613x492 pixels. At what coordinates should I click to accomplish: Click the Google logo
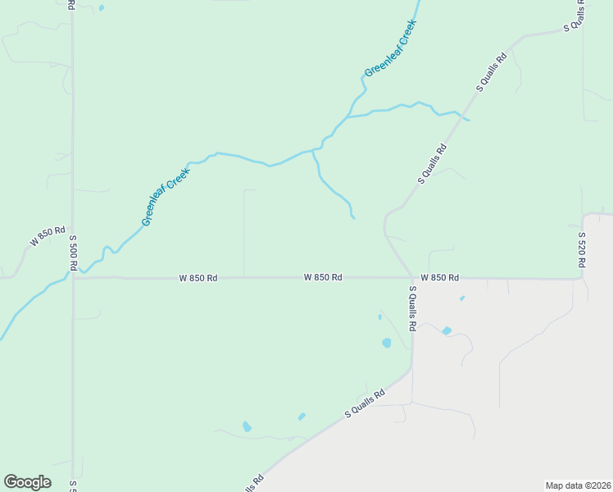pos(27,482)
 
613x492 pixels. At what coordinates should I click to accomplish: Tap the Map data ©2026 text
pos(578,485)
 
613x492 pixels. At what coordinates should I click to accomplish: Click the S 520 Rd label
pos(581,249)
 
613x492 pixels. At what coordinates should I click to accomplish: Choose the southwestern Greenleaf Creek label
pos(165,198)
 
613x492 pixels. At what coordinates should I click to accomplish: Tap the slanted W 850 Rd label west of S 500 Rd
pos(48,237)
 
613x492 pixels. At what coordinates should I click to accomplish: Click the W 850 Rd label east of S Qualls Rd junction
pos(440,278)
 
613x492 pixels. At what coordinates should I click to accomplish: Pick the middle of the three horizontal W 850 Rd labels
pos(322,278)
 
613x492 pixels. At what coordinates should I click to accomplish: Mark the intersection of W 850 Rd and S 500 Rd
pos(73,278)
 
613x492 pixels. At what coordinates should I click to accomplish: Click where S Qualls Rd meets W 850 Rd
pos(412,278)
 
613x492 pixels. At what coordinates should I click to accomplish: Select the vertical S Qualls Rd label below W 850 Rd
pos(413,307)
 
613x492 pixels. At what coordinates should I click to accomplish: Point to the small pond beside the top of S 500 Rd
pos(102,8)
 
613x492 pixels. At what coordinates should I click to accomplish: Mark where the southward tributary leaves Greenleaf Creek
pos(313,151)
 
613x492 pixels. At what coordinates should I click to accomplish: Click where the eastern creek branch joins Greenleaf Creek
pos(347,117)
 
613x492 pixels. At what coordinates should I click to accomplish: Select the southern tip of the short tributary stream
pos(353,217)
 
